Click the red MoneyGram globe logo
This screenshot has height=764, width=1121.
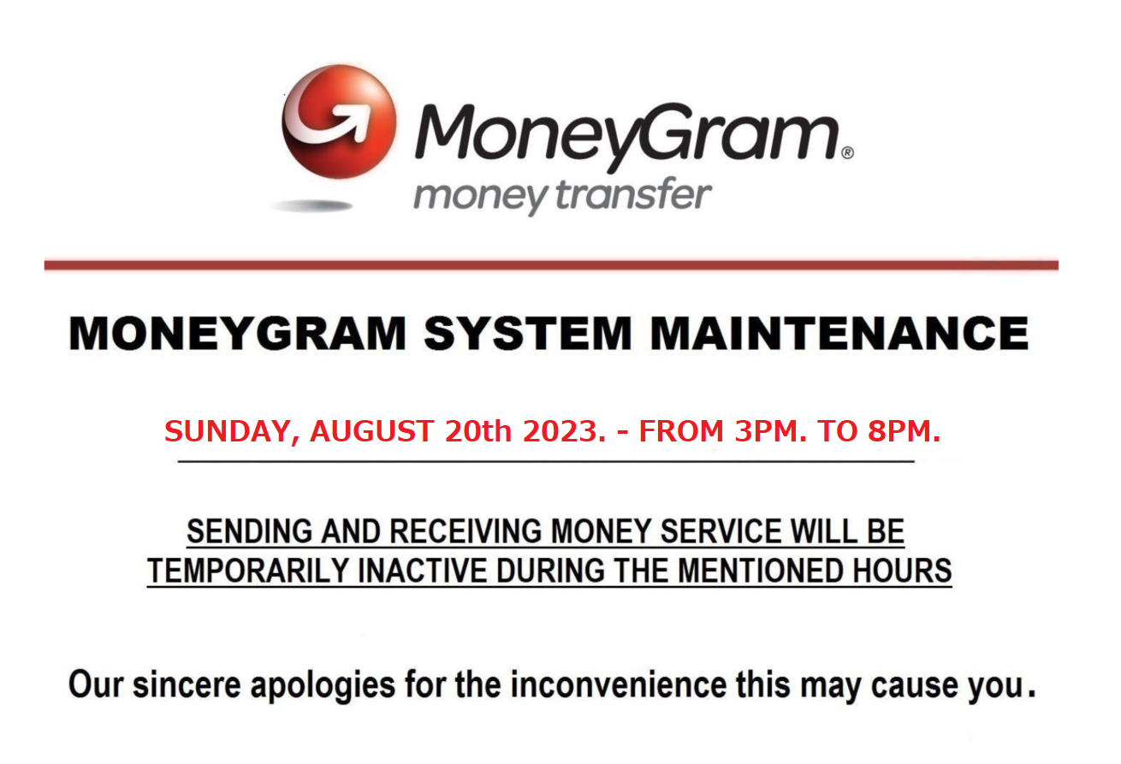pos(340,121)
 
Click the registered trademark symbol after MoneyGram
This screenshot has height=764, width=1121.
pos(847,152)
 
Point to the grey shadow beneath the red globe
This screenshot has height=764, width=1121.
pos(312,205)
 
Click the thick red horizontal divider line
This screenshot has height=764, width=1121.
pos(551,265)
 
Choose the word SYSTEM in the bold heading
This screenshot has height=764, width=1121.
pos(528,333)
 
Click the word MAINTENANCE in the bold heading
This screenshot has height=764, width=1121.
pos(839,333)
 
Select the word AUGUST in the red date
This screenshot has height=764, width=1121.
pos(372,431)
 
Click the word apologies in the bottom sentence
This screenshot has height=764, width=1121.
pos(323,685)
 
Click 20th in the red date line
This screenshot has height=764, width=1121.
pos(478,431)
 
